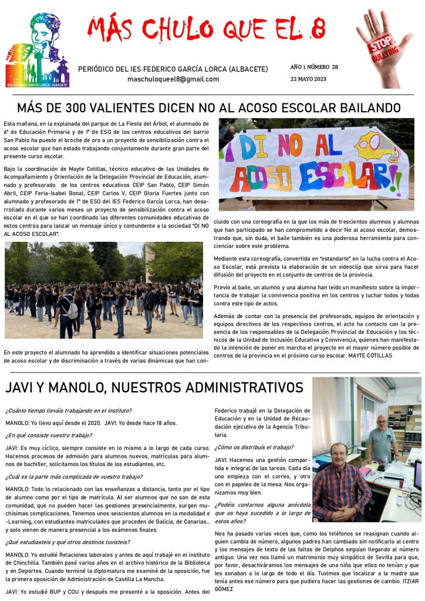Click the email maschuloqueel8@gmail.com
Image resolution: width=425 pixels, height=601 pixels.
[x=173, y=79]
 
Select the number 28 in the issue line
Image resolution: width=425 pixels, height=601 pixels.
[x=335, y=67]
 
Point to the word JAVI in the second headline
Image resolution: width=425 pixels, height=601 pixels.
[x=22, y=388]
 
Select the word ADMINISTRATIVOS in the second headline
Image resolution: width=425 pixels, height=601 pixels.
[x=242, y=388]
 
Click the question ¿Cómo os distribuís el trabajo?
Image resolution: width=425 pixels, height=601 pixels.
[x=254, y=447]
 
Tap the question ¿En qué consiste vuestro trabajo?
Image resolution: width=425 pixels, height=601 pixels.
[x=48, y=435]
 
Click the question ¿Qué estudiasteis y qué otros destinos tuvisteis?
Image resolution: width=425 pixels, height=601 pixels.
[x=68, y=542]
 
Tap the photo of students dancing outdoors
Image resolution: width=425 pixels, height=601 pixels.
[x=103, y=290]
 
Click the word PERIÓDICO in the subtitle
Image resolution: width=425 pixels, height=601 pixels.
[x=96, y=69]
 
